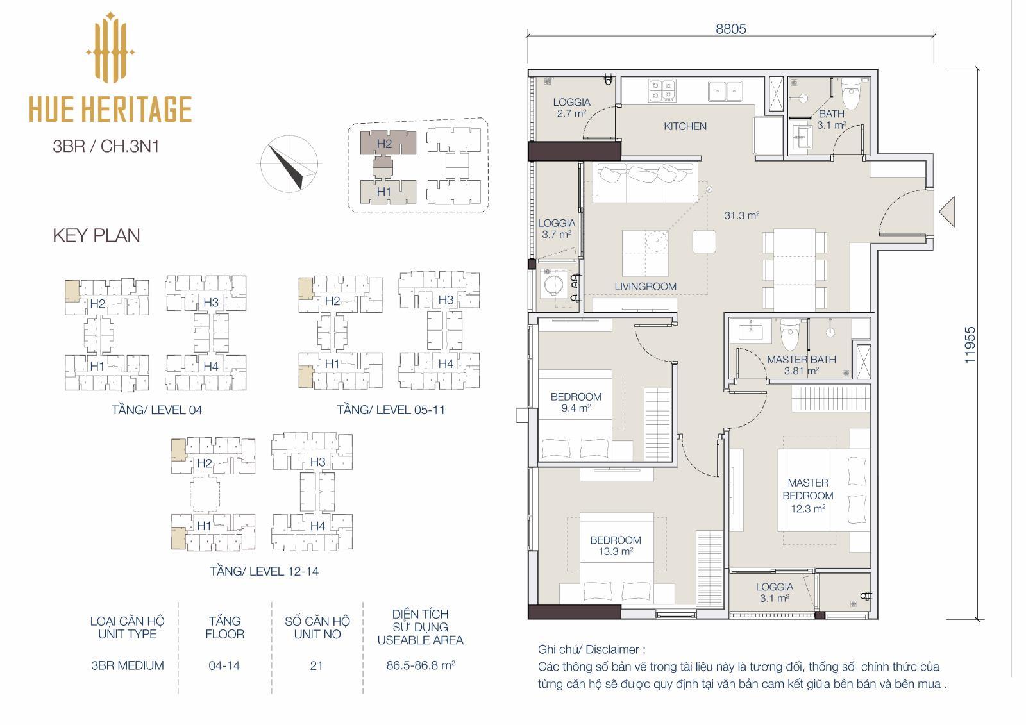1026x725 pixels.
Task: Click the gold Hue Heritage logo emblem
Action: [110, 47]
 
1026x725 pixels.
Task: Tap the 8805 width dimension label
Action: [730, 29]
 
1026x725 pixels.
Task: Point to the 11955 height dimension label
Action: [970, 346]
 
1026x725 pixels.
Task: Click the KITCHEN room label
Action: [685, 126]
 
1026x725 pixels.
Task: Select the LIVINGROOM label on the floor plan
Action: [645, 287]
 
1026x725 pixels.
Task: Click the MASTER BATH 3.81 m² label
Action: [801, 365]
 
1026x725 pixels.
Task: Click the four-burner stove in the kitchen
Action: [662, 90]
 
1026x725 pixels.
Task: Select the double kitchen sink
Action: [725, 90]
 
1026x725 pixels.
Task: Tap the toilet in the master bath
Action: [789, 334]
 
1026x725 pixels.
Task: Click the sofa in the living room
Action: [644, 182]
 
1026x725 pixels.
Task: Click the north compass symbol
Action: [289, 163]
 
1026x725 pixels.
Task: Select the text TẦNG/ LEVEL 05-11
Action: [391, 410]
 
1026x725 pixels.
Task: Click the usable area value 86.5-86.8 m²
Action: [421, 665]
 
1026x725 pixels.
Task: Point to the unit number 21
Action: [316, 665]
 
